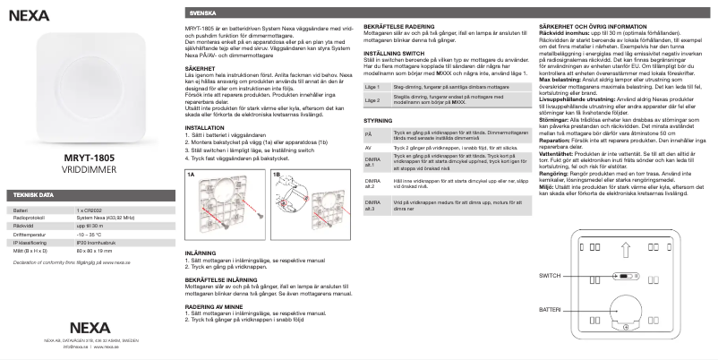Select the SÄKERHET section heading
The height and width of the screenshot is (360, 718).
pos(199,67)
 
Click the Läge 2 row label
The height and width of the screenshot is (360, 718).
pos(372,125)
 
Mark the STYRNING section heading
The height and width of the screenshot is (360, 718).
pos(380,144)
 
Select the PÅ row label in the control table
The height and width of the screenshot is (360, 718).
pos(369,159)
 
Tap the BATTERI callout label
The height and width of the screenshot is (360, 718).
pos(550,308)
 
